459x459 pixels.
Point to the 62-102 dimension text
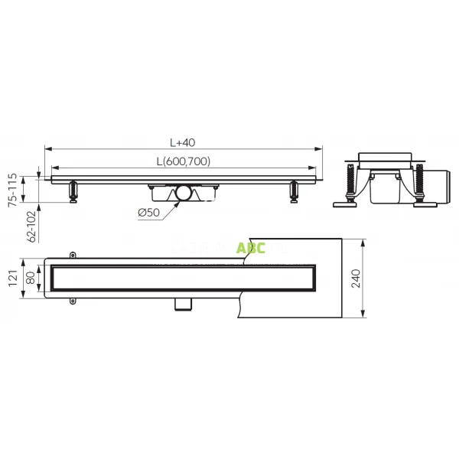[x=31, y=226]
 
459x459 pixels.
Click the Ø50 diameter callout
[x=150, y=212]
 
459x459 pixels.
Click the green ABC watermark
[x=251, y=249]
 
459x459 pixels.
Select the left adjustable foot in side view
[x=73, y=192]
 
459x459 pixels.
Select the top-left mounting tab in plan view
[x=73, y=253]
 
